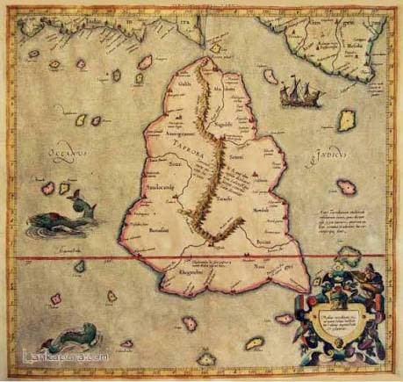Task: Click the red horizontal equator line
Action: [x=88, y=259]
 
